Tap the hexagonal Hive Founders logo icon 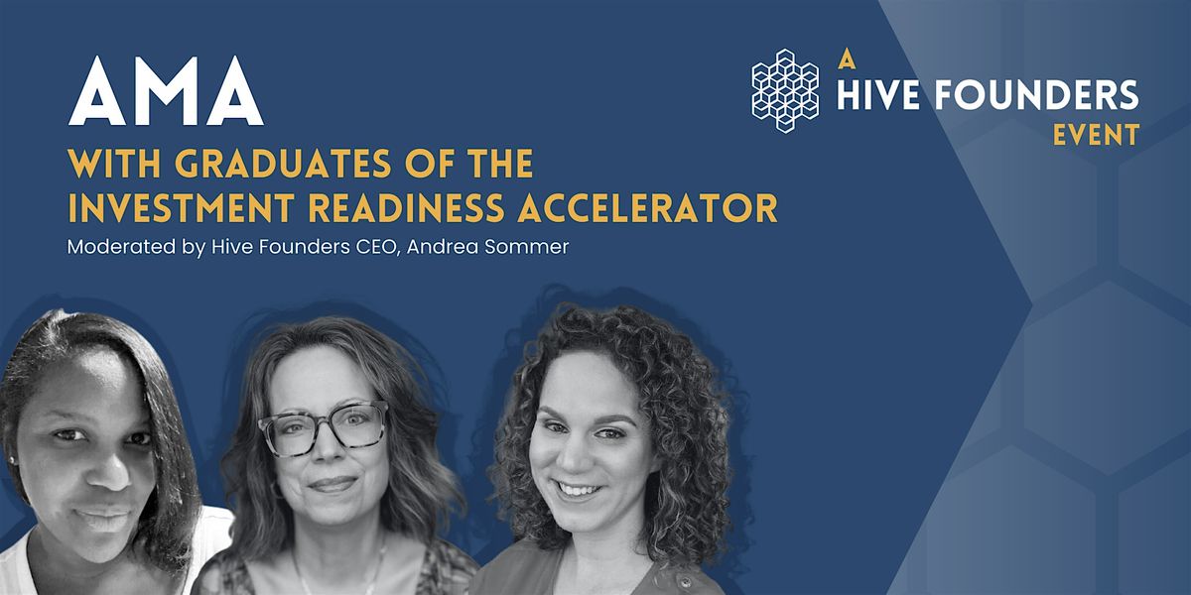(785, 91)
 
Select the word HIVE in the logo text (875, 95)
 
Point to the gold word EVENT (1096, 135)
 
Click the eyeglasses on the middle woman (324, 427)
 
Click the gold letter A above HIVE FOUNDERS (846, 59)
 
